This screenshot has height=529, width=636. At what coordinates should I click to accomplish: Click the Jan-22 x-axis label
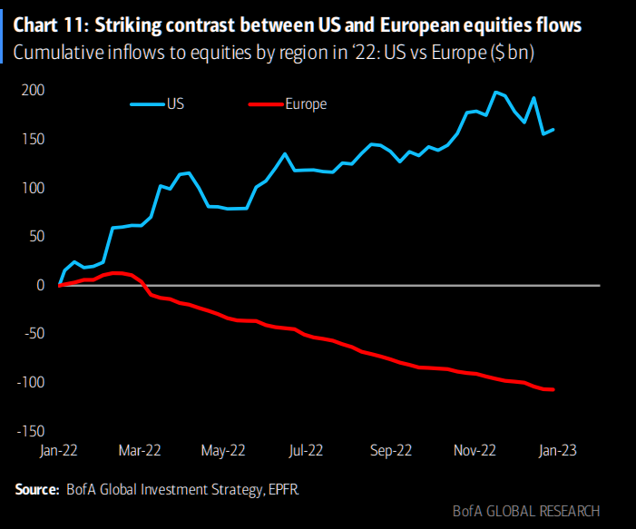tap(59, 450)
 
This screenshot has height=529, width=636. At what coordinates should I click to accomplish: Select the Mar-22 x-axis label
tap(141, 450)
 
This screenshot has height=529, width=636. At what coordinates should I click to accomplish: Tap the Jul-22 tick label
tap(306, 450)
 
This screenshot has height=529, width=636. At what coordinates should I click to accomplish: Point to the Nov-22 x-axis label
tap(474, 450)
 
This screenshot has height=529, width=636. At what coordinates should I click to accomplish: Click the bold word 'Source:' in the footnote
tap(37, 490)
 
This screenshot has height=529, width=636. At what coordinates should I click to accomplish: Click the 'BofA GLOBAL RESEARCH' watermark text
tap(525, 510)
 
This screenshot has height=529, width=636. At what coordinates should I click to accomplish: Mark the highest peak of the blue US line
tap(495, 92)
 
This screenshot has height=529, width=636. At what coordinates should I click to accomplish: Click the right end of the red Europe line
tap(553, 389)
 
